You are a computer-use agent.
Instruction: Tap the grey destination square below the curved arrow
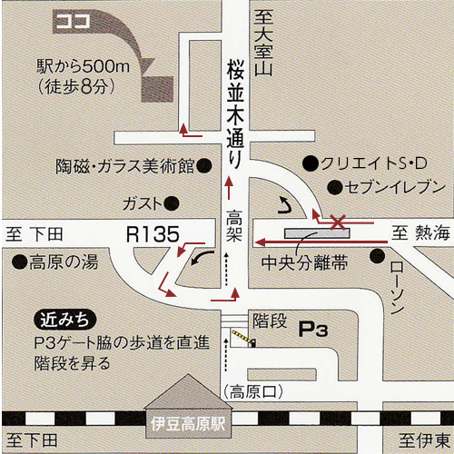tap(157, 89)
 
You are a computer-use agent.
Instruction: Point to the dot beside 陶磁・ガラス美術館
tap(206, 167)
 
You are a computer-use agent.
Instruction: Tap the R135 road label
tap(153, 234)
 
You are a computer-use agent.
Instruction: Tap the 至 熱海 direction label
tap(419, 234)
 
